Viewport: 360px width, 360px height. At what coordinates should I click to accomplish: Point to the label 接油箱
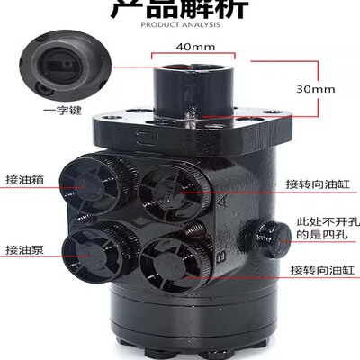26,179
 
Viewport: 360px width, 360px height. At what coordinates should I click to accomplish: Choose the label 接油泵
26,249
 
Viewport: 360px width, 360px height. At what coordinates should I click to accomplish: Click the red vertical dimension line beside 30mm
289,87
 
